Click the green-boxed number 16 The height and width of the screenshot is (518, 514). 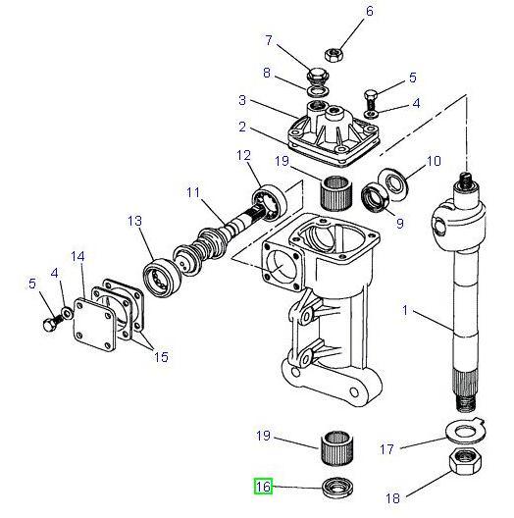[x=263, y=486]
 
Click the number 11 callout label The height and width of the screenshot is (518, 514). [x=193, y=193]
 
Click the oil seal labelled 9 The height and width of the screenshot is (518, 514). [x=378, y=198]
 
